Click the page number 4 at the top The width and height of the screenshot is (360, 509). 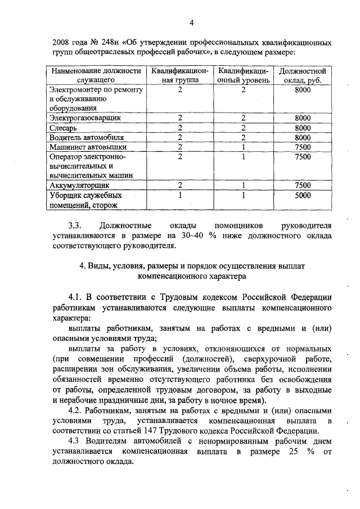click(191, 22)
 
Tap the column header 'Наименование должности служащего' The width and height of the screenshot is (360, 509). click(94, 76)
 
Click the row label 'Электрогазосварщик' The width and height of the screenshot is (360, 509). click(85, 118)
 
